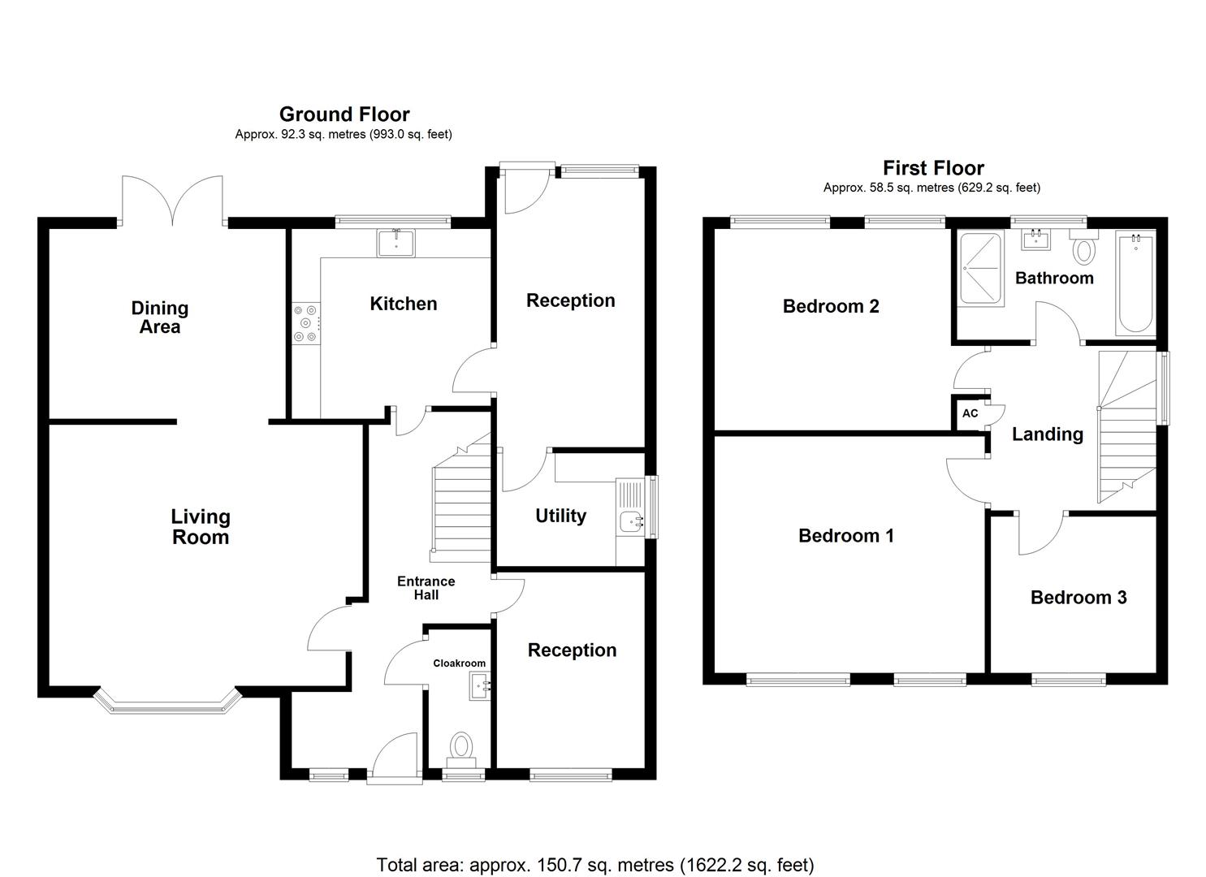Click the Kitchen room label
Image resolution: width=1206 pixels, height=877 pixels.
click(x=403, y=304)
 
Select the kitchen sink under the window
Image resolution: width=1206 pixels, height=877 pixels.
click(x=396, y=242)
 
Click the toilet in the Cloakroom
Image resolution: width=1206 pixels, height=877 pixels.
click(x=461, y=747)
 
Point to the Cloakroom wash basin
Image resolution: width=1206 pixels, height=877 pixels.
click(x=479, y=687)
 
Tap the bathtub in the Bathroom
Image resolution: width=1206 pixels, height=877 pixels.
click(x=1135, y=283)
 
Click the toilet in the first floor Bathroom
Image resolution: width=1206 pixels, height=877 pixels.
click(x=1083, y=248)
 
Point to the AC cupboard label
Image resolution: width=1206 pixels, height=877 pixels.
click(x=970, y=413)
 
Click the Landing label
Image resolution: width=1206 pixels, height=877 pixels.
click(x=1047, y=434)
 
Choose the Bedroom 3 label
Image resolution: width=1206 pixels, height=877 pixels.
click(x=1078, y=598)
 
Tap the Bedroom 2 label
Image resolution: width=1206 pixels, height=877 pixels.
click(x=830, y=306)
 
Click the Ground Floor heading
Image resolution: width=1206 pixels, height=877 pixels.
click(x=344, y=114)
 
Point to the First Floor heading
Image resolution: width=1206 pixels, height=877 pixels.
click(x=933, y=168)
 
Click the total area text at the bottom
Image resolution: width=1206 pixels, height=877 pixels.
click(x=594, y=864)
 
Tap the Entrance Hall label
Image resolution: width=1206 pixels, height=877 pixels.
click(x=426, y=588)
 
